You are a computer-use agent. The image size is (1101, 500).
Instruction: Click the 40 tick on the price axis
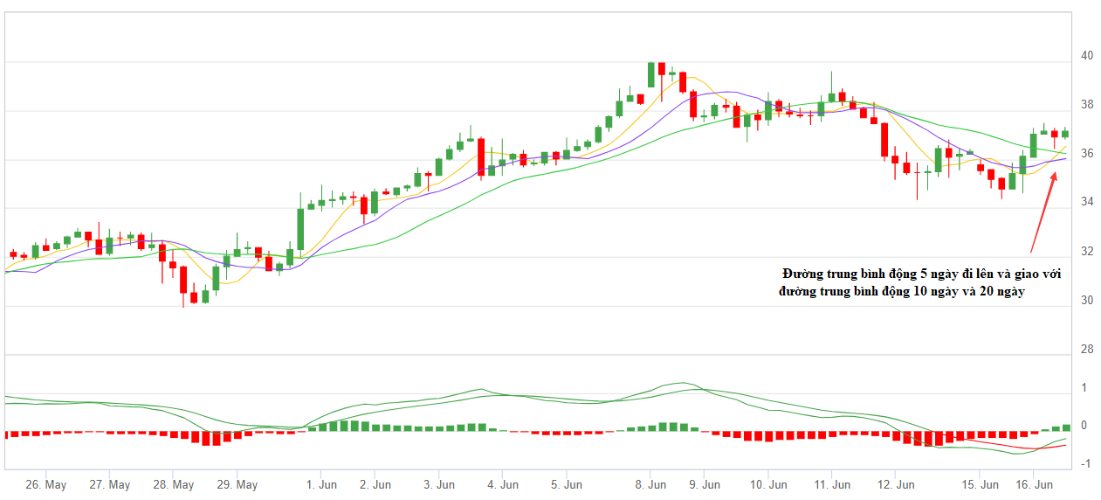(x=1086, y=55)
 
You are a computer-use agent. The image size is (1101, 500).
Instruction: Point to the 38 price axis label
(x=1086, y=104)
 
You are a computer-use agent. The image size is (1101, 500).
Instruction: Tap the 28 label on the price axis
(x=1086, y=350)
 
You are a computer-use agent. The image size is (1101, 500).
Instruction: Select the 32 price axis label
(x=1086, y=252)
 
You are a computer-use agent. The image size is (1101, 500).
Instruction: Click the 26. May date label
(x=46, y=484)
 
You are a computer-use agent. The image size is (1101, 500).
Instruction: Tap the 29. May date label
(x=237, y=484)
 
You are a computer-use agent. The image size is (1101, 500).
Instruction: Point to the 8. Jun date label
(x=651, y=484)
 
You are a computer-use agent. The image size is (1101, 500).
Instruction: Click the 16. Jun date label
(x=1032, y=484)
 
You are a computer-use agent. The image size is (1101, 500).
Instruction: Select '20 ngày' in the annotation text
(x=1001, y=291)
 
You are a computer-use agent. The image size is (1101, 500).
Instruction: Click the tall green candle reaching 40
(x=651, y=74)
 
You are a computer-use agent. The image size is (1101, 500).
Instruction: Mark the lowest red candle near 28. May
(x=183, y=280)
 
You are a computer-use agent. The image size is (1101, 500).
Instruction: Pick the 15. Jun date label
(x=981, y=484)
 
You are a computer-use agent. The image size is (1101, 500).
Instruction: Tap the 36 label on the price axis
(x=1086, y=154)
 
